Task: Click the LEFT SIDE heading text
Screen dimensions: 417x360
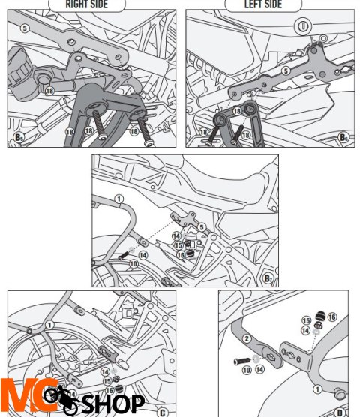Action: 264,4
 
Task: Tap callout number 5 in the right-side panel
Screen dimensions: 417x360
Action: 25,28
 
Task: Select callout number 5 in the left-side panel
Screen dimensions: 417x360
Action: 285,70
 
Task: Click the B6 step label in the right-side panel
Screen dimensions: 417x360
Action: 20,138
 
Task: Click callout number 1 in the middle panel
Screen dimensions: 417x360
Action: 118,199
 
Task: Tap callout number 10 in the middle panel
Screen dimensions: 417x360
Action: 133,264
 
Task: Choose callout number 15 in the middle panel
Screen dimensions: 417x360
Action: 178,245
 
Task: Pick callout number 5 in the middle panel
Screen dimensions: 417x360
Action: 201,227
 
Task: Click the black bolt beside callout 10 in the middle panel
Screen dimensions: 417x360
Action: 122,257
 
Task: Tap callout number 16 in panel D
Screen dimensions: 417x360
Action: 331,317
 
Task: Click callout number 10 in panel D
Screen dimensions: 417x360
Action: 247,370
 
